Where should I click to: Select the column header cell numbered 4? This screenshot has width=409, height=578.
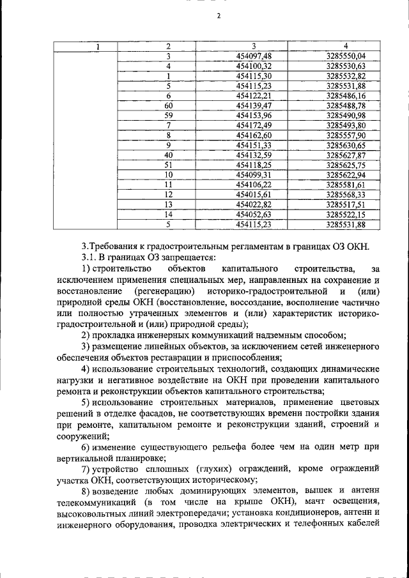click(345, 46)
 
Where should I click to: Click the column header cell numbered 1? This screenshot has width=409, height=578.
click(97, 46)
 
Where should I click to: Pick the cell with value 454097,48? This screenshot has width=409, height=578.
click(254, 56)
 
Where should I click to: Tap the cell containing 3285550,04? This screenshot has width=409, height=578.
click(345, 56)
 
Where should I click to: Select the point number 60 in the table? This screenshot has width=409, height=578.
click(168, 105)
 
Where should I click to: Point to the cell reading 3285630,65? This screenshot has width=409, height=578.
click(345, 145)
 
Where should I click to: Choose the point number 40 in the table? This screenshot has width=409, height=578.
click(168, 155)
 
